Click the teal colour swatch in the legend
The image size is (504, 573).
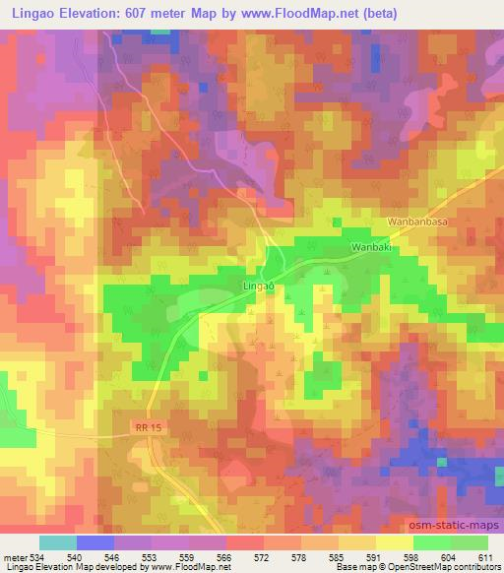pyautogui.click(x=58, y=542)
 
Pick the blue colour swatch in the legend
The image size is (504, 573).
pyautogui.click(x=95, y=542)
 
